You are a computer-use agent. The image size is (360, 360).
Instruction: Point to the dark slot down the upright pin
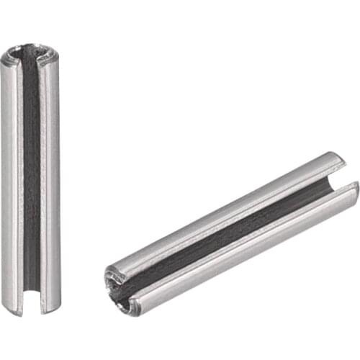(x=31, y=180)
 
